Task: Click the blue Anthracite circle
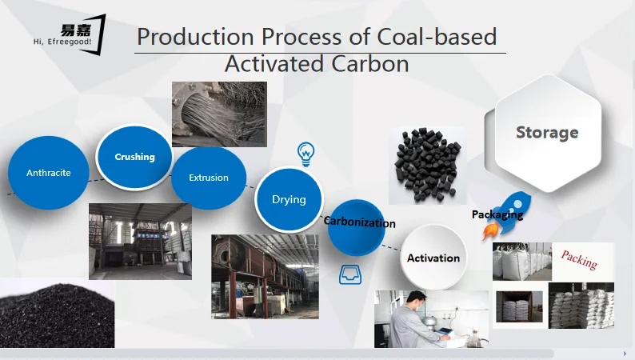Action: (x=48, y=173)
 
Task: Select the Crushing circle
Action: (x=134, y=157)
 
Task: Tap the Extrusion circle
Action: (x=209, y=178)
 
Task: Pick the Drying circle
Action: (x=289, y=200)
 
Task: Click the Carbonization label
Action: (x=359, y=222)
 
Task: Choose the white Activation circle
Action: (x=433, y=258)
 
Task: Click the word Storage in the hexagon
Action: (x=547, y=133)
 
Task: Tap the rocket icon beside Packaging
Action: (x=506, y=216)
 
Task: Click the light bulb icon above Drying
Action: (x=306, y=154)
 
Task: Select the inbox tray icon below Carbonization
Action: (x=350, y=274)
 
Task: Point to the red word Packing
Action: (x=579, y=260)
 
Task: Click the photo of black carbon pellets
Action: (x=428, y=166)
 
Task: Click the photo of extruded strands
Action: (x=219, y=114)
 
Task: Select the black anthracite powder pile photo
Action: (x=57, y=314)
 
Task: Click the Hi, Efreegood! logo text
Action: (x=62, y=42)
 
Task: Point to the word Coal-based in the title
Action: (x=437, y=37)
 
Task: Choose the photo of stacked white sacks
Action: (x=581, y=306)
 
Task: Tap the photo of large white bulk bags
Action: (x=522, y=262)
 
